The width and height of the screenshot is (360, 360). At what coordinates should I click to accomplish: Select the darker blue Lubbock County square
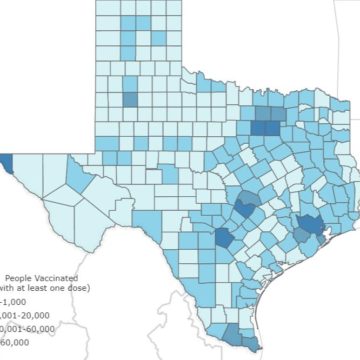click(129, 99)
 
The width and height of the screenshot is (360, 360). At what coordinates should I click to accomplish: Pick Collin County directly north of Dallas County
click(273, 112)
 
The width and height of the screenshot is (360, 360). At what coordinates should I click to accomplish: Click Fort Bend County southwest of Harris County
click(300, 238)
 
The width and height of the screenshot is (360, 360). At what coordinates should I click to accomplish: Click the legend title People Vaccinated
click(41, 277)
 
